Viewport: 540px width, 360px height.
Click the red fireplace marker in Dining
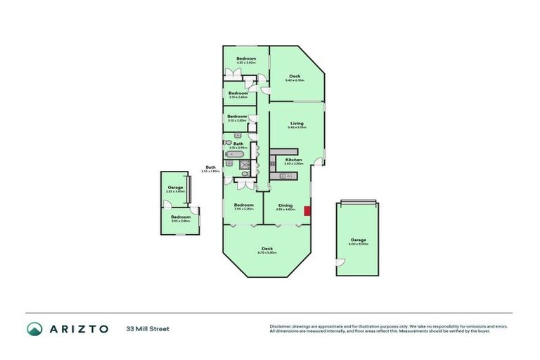tap(307, 210)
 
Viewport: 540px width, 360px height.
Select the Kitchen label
tap(293, 161)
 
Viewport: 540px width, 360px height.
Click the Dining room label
tap(285, 205)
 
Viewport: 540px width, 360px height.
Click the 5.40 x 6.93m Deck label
tap(295, 77)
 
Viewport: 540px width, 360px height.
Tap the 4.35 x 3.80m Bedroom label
tap(245, 60)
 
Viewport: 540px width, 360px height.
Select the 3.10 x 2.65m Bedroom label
tap(238, 94)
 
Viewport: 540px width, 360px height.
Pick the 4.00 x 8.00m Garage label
tap(359, 241)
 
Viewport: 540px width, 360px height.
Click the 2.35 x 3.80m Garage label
tap(175, 189)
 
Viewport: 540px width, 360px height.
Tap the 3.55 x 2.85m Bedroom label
tap(181, 218)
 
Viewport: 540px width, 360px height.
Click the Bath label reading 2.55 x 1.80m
tap(211, 169)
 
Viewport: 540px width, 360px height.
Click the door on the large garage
tap(340, 263)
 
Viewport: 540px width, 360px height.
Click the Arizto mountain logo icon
tap(34, 328)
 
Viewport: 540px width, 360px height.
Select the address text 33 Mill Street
tap(148, 328)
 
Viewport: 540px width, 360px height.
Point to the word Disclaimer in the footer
tap(281, 326)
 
